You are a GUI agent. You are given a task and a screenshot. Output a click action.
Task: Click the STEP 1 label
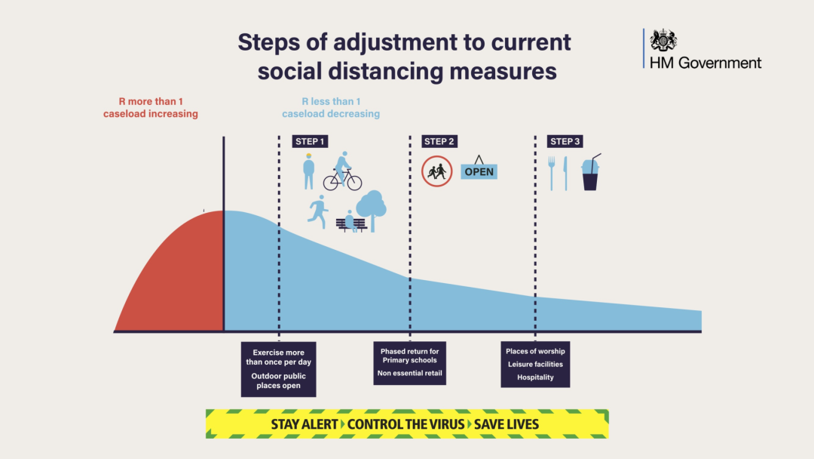[310, 141]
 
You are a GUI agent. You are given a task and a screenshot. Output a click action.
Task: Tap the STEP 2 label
[439, 141]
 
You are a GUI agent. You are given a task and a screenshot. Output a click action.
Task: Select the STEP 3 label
[565, 141]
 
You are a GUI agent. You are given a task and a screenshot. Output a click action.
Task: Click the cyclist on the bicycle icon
[343, 171]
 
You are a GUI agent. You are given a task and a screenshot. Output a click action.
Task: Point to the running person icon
[318, 211]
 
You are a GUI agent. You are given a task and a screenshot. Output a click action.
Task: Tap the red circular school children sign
[436, 171]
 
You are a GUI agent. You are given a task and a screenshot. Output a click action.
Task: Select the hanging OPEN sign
[479, 168]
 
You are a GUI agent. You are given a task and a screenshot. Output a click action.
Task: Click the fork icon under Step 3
[551, 173]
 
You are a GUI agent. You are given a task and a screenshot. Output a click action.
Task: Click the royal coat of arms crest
[663, 41]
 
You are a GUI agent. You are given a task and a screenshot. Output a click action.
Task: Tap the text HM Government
[705, 63]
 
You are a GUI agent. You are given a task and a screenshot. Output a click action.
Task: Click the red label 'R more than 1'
[151, 101]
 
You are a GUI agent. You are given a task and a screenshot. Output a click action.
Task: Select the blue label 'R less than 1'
[331, 101]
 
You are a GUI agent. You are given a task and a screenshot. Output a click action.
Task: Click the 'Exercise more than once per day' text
[279, 357]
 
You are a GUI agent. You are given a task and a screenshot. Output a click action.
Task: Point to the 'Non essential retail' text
[409, 373]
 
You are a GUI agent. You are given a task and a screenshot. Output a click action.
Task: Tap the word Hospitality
[535, 377]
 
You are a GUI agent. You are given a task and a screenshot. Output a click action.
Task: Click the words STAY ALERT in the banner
[304, 424]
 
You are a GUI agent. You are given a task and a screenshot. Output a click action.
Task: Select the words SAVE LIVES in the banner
[506, 424]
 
